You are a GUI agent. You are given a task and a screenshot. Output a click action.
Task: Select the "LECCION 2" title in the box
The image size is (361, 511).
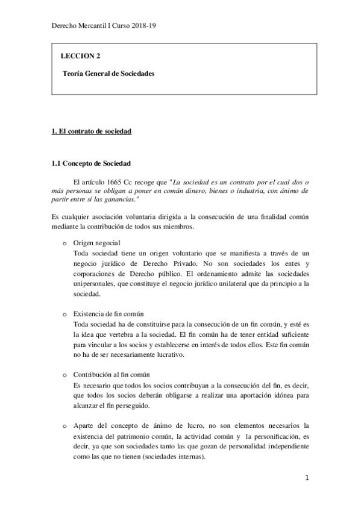(x=80, y=56)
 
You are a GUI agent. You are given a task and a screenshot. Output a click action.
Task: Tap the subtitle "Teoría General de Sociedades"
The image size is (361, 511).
(x=108, y=74)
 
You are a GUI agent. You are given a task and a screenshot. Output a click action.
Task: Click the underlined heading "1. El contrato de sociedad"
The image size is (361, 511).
(x=92, y=131)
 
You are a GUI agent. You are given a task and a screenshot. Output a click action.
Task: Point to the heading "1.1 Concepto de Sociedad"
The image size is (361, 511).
(x=91, y=163)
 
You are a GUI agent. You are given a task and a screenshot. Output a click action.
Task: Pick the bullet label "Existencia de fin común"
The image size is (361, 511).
(x=108, y=315)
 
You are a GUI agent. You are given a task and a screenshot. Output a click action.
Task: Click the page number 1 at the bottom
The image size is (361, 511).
(x=307, y=479)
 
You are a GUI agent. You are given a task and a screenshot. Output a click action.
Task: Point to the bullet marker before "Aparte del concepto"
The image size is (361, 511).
(x=64, y=427)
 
